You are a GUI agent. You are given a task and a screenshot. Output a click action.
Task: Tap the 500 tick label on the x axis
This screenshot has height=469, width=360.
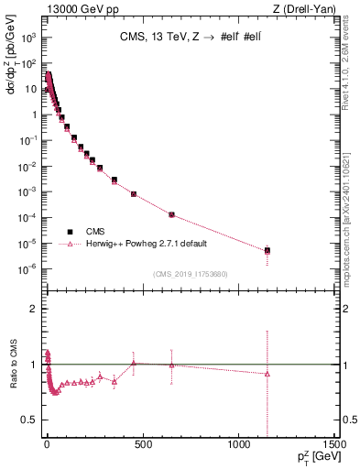[141, 446]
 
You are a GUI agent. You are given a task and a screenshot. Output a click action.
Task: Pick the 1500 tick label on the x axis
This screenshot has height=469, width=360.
[333, 446]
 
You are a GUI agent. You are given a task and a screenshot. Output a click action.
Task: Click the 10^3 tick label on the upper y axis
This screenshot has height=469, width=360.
[29, 38]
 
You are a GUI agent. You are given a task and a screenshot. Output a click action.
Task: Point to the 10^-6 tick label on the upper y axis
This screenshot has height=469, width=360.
[28, 268]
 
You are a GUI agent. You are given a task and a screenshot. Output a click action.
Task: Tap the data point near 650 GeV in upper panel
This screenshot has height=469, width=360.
[171, 214]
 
